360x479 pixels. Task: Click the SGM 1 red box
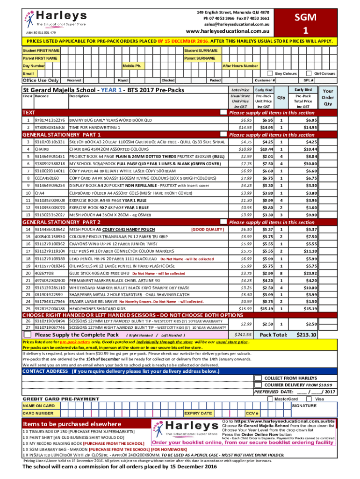click(x=305, y=23)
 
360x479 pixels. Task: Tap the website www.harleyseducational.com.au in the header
click(x=229, y=32)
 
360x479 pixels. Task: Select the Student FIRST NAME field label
click(x=41, y=50)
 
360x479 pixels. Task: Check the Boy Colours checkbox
click(x=270, y=73)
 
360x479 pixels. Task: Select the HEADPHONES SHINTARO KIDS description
click(x=94, y=309)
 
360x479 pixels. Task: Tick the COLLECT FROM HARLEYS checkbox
click(x=258, y=377)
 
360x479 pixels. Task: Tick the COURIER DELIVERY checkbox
click(x=258, y=385)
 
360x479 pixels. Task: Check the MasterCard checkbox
click(x=270, y=399)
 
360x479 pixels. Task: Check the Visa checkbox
click(x=309, y=399)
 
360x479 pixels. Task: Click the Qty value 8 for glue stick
click(x=281, y=273)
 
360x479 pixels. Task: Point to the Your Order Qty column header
click(x=328, y=98)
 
